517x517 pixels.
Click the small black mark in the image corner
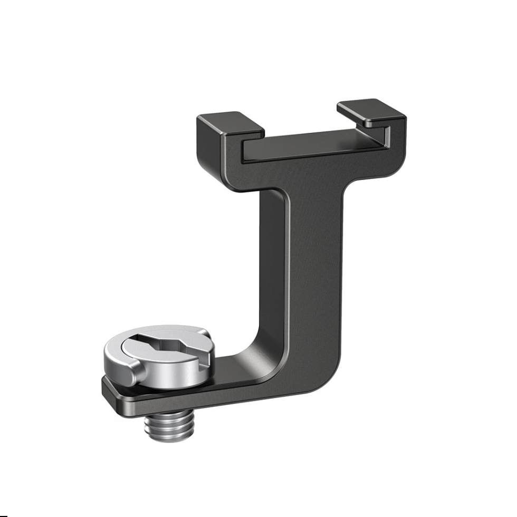click(3, 514)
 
